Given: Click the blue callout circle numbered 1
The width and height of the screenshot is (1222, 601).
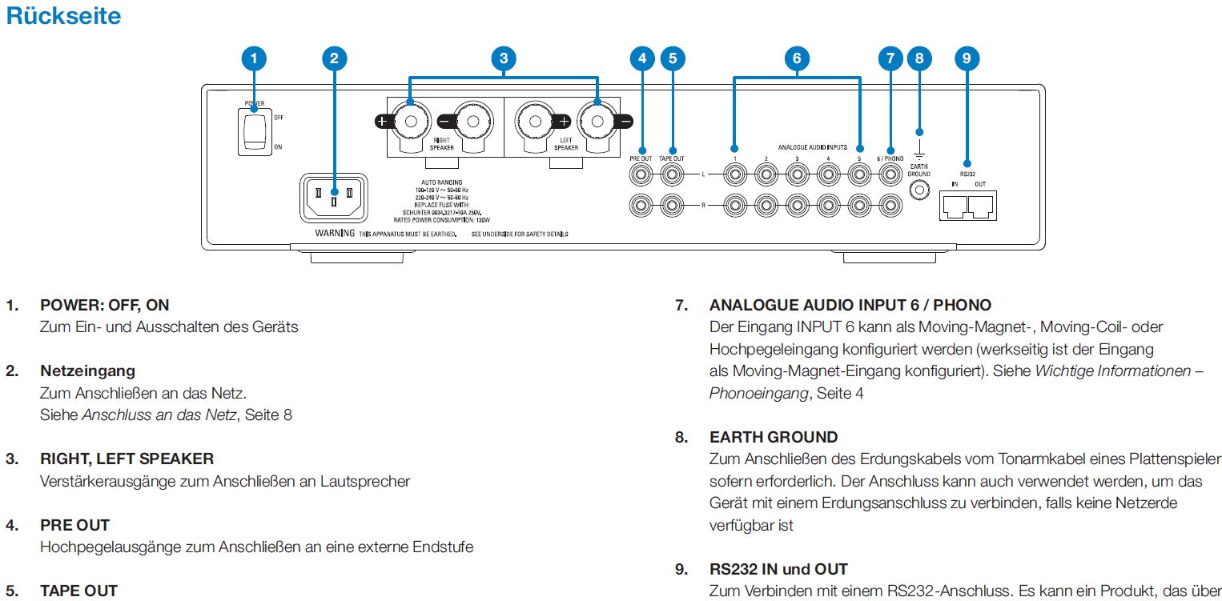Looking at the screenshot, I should [254, 58].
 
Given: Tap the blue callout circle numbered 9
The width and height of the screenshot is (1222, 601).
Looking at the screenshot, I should [967, 58].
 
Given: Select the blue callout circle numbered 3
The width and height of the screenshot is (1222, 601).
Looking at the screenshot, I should [503, 58].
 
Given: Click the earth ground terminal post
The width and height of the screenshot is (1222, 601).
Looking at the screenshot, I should [919, 190].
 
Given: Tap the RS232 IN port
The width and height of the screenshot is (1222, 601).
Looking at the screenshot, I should [955, 207].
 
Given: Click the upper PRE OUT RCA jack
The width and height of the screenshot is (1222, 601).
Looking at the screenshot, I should [641, 172].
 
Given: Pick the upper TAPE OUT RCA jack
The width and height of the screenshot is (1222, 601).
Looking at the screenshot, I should [672, 172].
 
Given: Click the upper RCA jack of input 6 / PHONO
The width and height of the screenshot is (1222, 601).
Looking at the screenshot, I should [889, 172].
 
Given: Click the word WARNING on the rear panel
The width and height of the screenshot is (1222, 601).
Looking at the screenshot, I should [336, 234].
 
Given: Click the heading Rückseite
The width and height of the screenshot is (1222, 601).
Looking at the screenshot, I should [63, 16].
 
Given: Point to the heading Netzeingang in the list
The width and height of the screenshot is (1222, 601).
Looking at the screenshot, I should [87, 371].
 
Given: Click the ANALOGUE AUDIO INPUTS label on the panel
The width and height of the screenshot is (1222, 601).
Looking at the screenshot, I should [812, 147].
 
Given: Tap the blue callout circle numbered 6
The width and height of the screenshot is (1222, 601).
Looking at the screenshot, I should [796, 58].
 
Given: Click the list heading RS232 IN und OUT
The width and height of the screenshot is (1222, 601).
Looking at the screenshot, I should [778, 570].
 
